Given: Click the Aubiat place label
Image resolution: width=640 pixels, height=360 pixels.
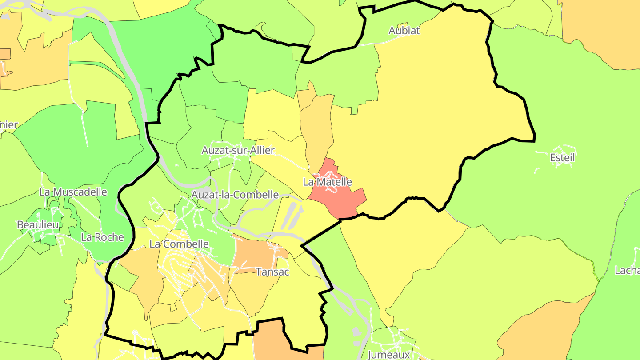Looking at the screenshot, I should point(404,31).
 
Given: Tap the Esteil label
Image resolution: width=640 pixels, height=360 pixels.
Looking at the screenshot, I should point(562,158).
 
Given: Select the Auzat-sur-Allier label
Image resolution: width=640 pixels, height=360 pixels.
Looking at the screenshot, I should point(238,150).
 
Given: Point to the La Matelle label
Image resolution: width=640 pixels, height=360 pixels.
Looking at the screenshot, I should point(327,182).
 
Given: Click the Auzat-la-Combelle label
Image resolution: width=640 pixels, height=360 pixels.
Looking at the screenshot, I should point(235,195).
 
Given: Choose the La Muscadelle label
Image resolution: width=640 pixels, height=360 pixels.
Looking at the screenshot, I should point(73,192).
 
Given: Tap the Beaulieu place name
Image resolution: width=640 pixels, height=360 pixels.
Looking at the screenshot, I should point(38,225).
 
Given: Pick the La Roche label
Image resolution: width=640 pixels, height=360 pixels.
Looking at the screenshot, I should point(102,237).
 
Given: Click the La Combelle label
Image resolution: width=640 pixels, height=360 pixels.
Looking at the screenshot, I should point(179,244).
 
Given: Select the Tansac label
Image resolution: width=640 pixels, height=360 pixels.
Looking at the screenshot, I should point(272,272).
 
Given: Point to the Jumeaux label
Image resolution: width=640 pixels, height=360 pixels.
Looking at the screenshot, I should point(388,355).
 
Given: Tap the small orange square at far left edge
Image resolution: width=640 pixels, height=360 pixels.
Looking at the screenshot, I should point(4,54).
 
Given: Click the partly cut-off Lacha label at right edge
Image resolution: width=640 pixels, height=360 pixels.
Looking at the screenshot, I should point(627,270).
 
